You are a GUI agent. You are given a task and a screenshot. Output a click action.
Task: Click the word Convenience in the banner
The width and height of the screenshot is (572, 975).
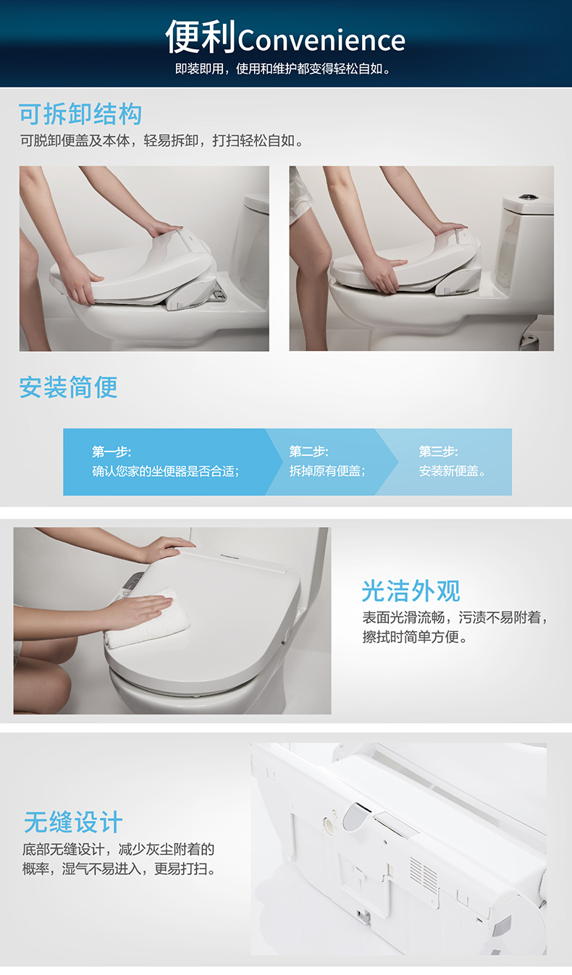tap(321, 41)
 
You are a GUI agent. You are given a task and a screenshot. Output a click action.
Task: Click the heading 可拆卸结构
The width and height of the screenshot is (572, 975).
tap(80, 114)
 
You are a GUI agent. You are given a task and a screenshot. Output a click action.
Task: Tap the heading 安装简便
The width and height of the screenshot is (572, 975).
tap(68, 387)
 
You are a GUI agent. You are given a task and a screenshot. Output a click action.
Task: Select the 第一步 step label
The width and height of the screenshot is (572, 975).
tap(112, 452)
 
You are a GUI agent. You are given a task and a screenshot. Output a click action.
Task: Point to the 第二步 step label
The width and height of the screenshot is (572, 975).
tap(308, 452)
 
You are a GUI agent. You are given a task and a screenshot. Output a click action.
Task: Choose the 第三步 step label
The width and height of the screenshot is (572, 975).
tap(438, 452)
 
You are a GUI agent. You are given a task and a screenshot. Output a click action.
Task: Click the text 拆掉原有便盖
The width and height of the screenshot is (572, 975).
tap(327, 471)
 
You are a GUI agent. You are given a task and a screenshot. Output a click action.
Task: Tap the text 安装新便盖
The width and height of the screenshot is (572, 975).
tap(452, 471)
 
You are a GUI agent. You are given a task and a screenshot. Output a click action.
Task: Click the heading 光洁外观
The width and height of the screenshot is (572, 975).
tap(411, 591)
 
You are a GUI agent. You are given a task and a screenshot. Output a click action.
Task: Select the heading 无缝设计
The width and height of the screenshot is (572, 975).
tap(73, 822)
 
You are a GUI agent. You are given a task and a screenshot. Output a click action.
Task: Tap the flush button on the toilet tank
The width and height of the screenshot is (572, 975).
tap(527, 197)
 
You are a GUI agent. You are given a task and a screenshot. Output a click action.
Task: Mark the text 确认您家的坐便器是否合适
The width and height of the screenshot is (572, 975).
tap(165, 471)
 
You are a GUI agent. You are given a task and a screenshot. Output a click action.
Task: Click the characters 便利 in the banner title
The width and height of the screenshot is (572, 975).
tap(201, 37)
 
